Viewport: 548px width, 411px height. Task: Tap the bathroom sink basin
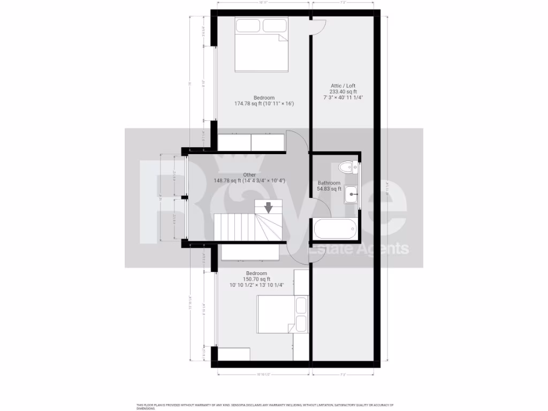tap(351, 194)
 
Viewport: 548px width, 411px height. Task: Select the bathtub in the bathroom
tap(335, 229)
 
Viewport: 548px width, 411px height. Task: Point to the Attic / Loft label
tap(343, 86)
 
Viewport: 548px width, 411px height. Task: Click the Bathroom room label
tap(329, 182)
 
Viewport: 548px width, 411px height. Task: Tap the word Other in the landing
tap(249, 174)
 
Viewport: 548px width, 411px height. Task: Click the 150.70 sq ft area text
tap(257, 279)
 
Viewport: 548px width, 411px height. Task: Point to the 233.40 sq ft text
tap(343, 92)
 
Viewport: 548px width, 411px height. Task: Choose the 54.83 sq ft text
tap(329, 188)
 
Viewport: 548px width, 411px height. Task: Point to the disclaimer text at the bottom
tap(265, 406)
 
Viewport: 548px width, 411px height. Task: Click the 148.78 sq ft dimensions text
tap(249, 181)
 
